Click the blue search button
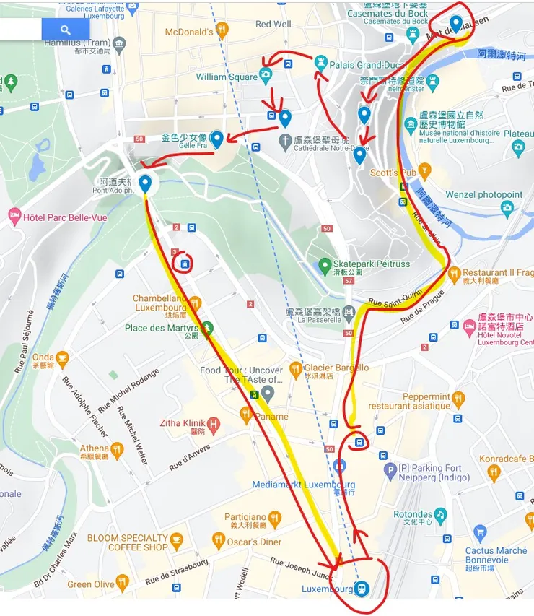click(x=66, y=30)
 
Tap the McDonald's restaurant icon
click(x=222, y=30)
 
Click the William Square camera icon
click(x=266, y=75)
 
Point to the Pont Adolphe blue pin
click(x=145, y=183)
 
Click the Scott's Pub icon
click(x=424, y=172)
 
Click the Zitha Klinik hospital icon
click(x=213, y=422)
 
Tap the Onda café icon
click(x=62, y=357)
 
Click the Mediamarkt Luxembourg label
click(x=303, y=485)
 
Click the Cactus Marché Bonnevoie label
click(x=496, y=555)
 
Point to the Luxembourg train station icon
click(x=362, y=589)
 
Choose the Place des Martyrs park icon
click(x=207, y=329)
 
